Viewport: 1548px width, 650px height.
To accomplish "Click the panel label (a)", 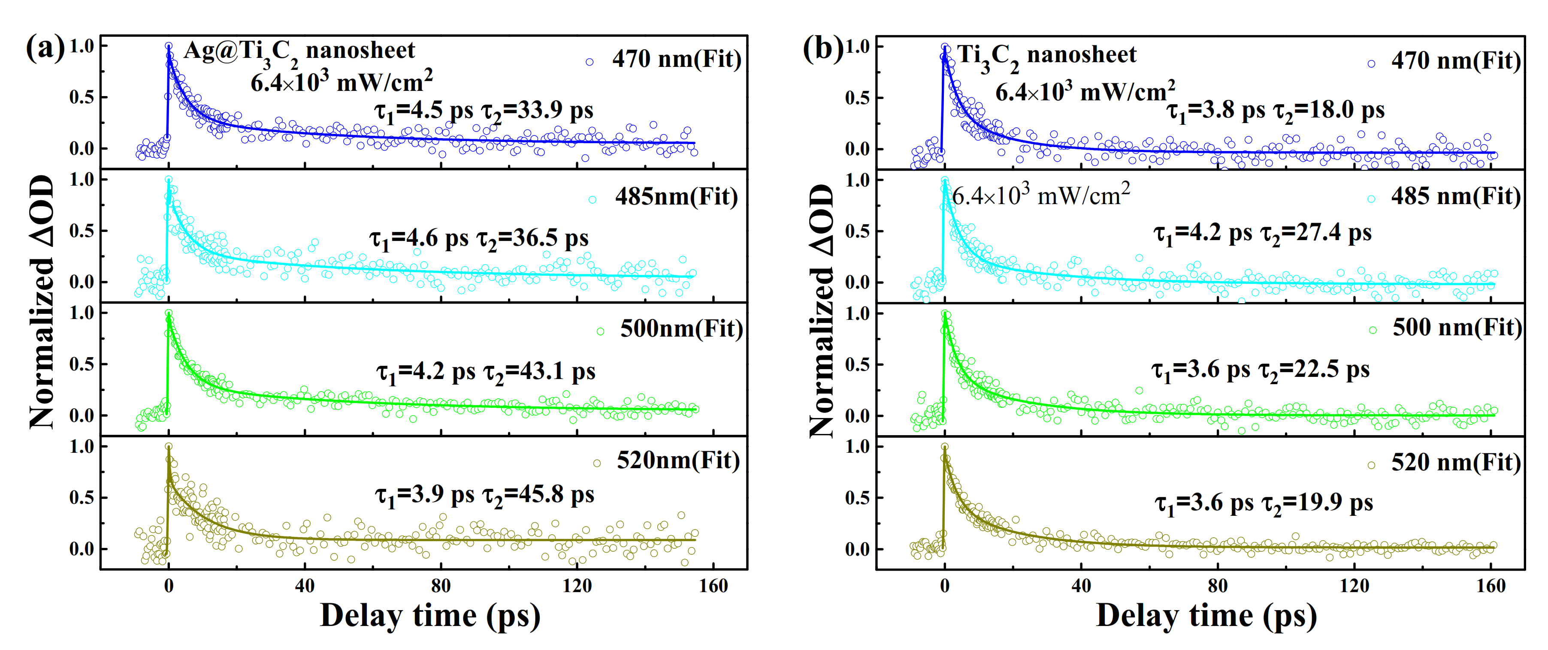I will click(x=45, y=48).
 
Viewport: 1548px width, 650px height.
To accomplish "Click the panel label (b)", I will click(x=822, y=48).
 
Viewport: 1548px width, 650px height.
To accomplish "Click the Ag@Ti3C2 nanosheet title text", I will click(x=299, y=51).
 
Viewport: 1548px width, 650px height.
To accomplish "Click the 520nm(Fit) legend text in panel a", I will click(x=678, y=461).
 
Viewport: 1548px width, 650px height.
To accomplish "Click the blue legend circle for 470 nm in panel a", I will click(x=590, y=62).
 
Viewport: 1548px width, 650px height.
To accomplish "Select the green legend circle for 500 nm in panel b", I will click(x=1373, y=330).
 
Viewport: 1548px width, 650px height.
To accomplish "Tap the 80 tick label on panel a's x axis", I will click(x=441, y=586).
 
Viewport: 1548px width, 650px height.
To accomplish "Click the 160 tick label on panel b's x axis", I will click(x=1491, y=586).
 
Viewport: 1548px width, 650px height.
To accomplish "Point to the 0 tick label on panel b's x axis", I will click(x=945, y=586).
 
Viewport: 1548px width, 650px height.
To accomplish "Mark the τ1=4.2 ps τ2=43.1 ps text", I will click(x=486, y=373).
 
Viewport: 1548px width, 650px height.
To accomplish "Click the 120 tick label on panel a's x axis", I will click(x=577, y=586).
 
